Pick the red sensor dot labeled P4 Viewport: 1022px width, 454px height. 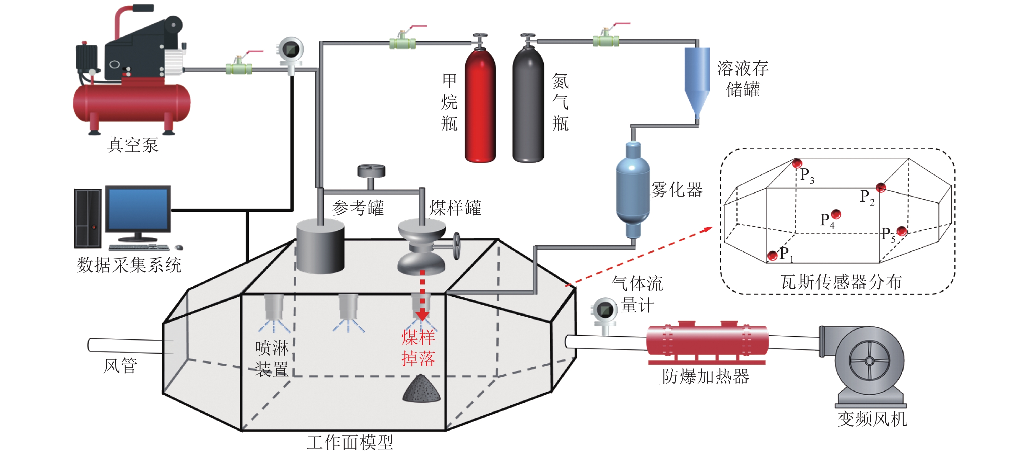point(836,214)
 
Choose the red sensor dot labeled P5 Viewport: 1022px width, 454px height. point(902,231)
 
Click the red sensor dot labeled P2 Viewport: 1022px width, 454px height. point(881,187)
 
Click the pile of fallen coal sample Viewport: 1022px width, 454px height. point(421,389)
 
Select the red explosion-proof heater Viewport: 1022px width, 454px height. point(707,342)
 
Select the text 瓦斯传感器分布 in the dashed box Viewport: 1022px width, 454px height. point(841,282)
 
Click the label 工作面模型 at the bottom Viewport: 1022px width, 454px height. point(350,442)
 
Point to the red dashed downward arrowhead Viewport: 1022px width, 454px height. point(422,316)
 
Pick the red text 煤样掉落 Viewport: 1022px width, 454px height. point(418,348)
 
